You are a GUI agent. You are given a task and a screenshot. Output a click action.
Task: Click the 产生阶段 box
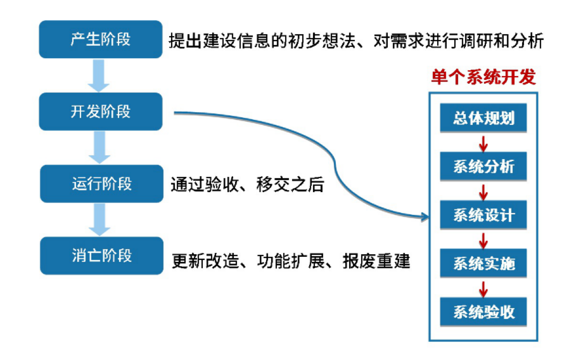[100, 39]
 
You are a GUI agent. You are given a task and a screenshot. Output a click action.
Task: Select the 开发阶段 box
[100, 111]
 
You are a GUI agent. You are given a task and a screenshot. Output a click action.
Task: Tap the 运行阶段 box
[101, 184]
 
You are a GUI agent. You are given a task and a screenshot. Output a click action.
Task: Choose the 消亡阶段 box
[101, 256]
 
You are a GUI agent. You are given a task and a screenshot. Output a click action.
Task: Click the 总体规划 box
[483, 118]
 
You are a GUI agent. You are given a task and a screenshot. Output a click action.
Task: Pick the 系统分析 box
[483, 166]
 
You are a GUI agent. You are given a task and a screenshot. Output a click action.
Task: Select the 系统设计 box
[483, 215]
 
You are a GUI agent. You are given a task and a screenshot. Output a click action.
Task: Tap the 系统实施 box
[483, 263]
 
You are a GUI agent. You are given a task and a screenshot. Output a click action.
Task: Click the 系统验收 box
[483, 312]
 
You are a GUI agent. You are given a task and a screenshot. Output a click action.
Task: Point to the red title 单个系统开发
[484, 77]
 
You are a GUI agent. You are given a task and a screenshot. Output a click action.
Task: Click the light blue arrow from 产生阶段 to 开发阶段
[99, 76]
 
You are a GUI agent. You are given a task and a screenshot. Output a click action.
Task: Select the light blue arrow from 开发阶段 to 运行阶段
[100, 147]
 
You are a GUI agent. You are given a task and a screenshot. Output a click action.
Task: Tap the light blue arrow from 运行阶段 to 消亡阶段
[100, 219]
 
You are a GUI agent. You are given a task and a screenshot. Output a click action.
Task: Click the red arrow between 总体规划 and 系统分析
[483, 143]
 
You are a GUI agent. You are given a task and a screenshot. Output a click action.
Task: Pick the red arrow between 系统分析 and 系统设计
[483, 192]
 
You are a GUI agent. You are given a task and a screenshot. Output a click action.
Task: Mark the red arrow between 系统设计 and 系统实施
[483, 240]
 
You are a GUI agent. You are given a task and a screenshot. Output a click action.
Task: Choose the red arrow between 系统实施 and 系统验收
[483, 289]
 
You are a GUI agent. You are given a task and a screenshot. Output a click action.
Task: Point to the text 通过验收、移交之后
[247, 185]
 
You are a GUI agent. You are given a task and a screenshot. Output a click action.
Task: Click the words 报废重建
[376, 261]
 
